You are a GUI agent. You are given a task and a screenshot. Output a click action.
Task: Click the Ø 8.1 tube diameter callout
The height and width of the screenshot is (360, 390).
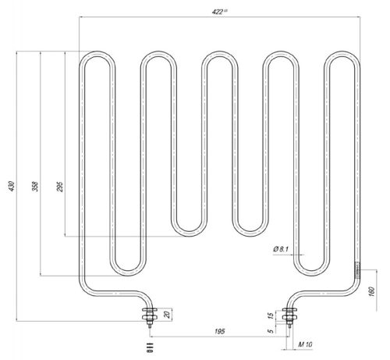[x=282, y=248]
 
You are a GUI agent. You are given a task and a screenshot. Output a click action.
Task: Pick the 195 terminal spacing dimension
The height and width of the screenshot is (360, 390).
[x=220, y=332]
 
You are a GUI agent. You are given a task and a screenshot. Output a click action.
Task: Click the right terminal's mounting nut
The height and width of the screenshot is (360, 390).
[x=291, y=316]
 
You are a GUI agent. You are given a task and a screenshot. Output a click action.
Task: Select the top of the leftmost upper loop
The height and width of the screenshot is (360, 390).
[x=96, y=54]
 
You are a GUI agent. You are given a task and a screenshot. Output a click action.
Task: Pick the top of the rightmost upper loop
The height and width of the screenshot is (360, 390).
[x=342, y=54]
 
